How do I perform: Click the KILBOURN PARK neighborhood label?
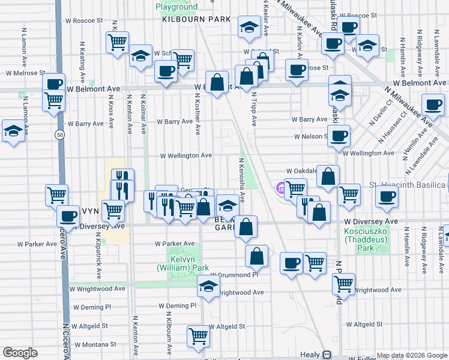[196, 19]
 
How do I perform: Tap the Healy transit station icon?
[327, 355]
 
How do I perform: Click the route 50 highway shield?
[59, 135]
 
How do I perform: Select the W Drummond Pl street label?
[234, 275]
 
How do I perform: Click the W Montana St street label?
[95, 344]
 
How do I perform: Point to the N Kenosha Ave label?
[242, 179]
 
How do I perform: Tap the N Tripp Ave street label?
[254, 108]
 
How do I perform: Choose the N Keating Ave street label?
[82, 62]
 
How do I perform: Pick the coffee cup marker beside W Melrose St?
[53, 84]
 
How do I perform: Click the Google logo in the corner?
[20, 353]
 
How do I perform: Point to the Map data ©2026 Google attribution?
[412, 355]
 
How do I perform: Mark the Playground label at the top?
[176, 7]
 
